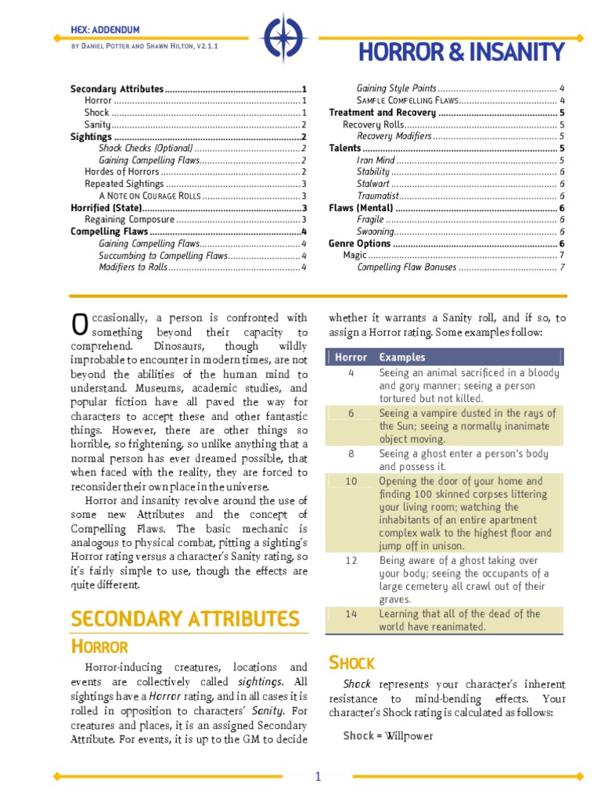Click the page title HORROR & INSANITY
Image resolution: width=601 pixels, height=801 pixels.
click(x=461, y=52)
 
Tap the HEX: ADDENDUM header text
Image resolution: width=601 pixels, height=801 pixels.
click(x=106, y=30)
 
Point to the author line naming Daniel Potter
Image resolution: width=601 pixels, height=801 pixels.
click(x=144, y=47)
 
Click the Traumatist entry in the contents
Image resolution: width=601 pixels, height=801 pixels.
click(x=378, y=195)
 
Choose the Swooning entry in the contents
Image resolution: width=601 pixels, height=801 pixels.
click(x=376, y=232)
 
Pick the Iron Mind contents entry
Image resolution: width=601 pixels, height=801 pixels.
click(x=376, y=160)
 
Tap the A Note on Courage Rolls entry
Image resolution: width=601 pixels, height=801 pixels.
click(x=149, y=196)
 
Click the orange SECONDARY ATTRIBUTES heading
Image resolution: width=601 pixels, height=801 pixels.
click(x=185, y=619)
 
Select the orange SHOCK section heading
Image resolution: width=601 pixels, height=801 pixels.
click(x=351, y=663)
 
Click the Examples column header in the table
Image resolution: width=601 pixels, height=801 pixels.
click(x=402, y=357)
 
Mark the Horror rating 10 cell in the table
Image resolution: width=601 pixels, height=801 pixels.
click(x=351, y=482)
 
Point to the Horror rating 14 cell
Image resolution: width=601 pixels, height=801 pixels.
click(x=351, y=615)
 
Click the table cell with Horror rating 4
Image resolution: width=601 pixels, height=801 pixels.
click(x=351, y=374)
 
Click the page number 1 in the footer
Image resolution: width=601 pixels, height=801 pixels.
click(x=318, y=777)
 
